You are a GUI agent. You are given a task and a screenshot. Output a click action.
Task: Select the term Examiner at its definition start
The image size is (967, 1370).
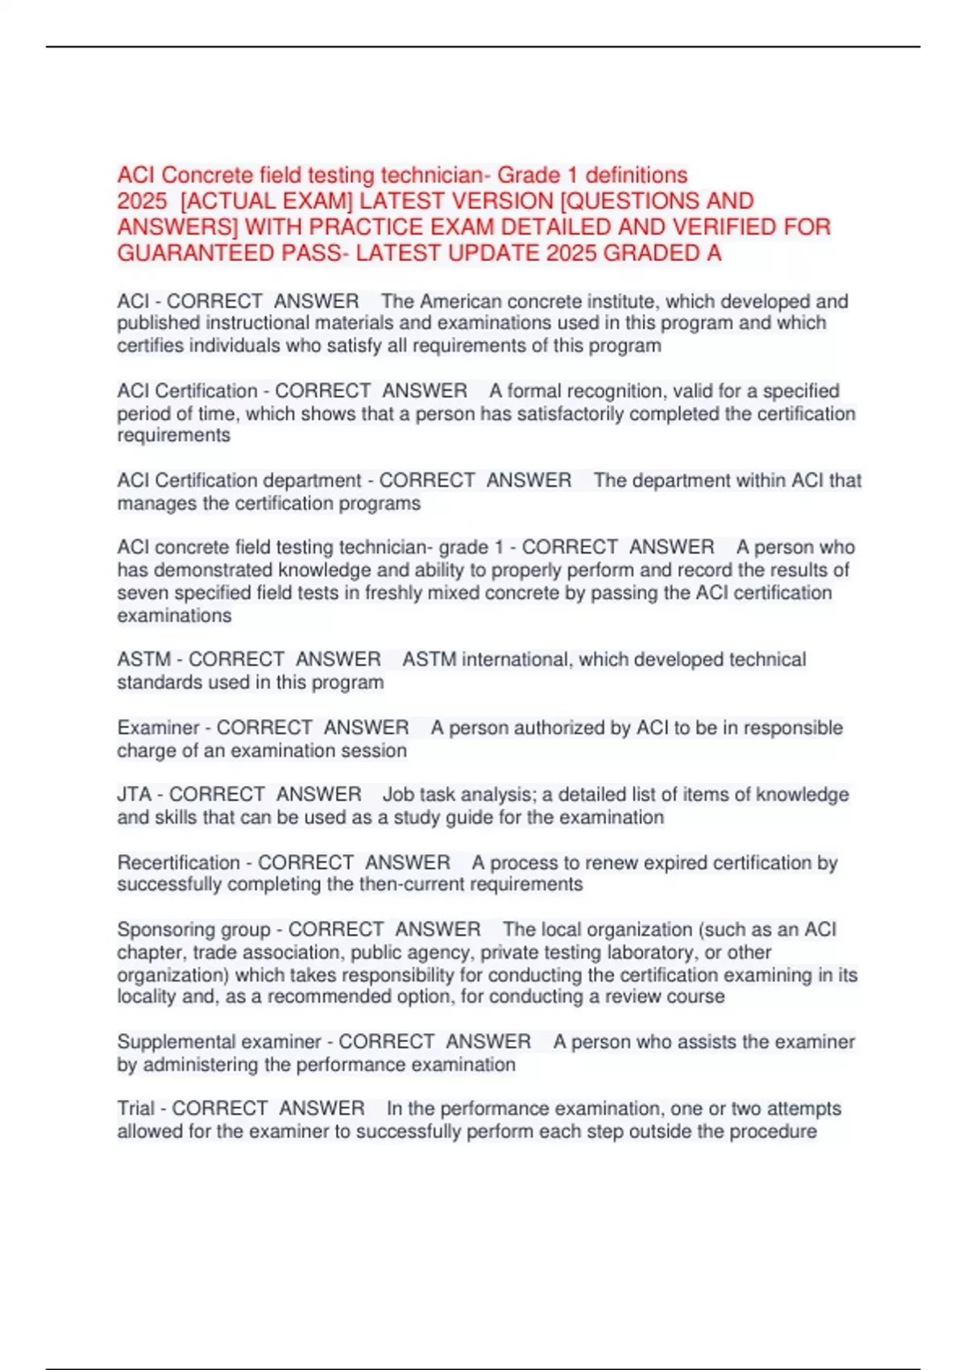pyautogui.click(x=158, y=728)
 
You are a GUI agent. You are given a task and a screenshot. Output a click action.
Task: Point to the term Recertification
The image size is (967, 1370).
pyautogui.click(x=178, y=862)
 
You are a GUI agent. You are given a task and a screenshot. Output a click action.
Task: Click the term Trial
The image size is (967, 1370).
pyautogui.click(x=135, y=1109)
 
